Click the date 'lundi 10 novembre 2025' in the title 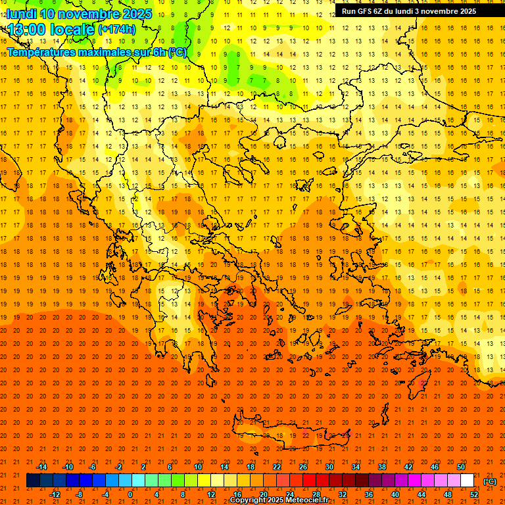pos(79,14)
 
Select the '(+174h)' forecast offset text pos(116,30)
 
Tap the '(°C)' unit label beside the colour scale pos(490,481)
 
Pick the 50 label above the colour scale pos(461,466)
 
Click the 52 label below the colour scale pos(474,494)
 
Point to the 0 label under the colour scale pos(130,494)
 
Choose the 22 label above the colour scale pos(277,466)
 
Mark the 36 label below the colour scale pos(369,494)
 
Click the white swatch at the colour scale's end pos(468,481)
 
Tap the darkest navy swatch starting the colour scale pos(34,481)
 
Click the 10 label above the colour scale pos(198,466)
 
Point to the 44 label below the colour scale pos(421,494)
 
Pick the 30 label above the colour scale pos(329,466)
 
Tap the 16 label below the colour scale pos(237,494)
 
